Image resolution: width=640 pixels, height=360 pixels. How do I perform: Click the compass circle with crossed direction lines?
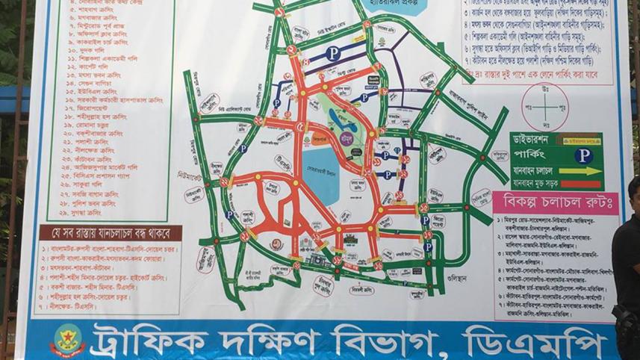pos(544,105)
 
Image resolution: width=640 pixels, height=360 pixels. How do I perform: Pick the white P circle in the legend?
pos(583,155)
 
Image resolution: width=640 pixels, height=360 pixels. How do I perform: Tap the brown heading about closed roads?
pos(109,231)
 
